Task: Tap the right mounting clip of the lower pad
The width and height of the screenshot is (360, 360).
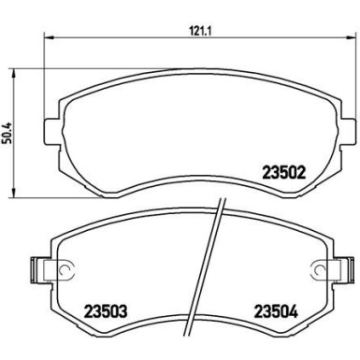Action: [328, 271]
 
